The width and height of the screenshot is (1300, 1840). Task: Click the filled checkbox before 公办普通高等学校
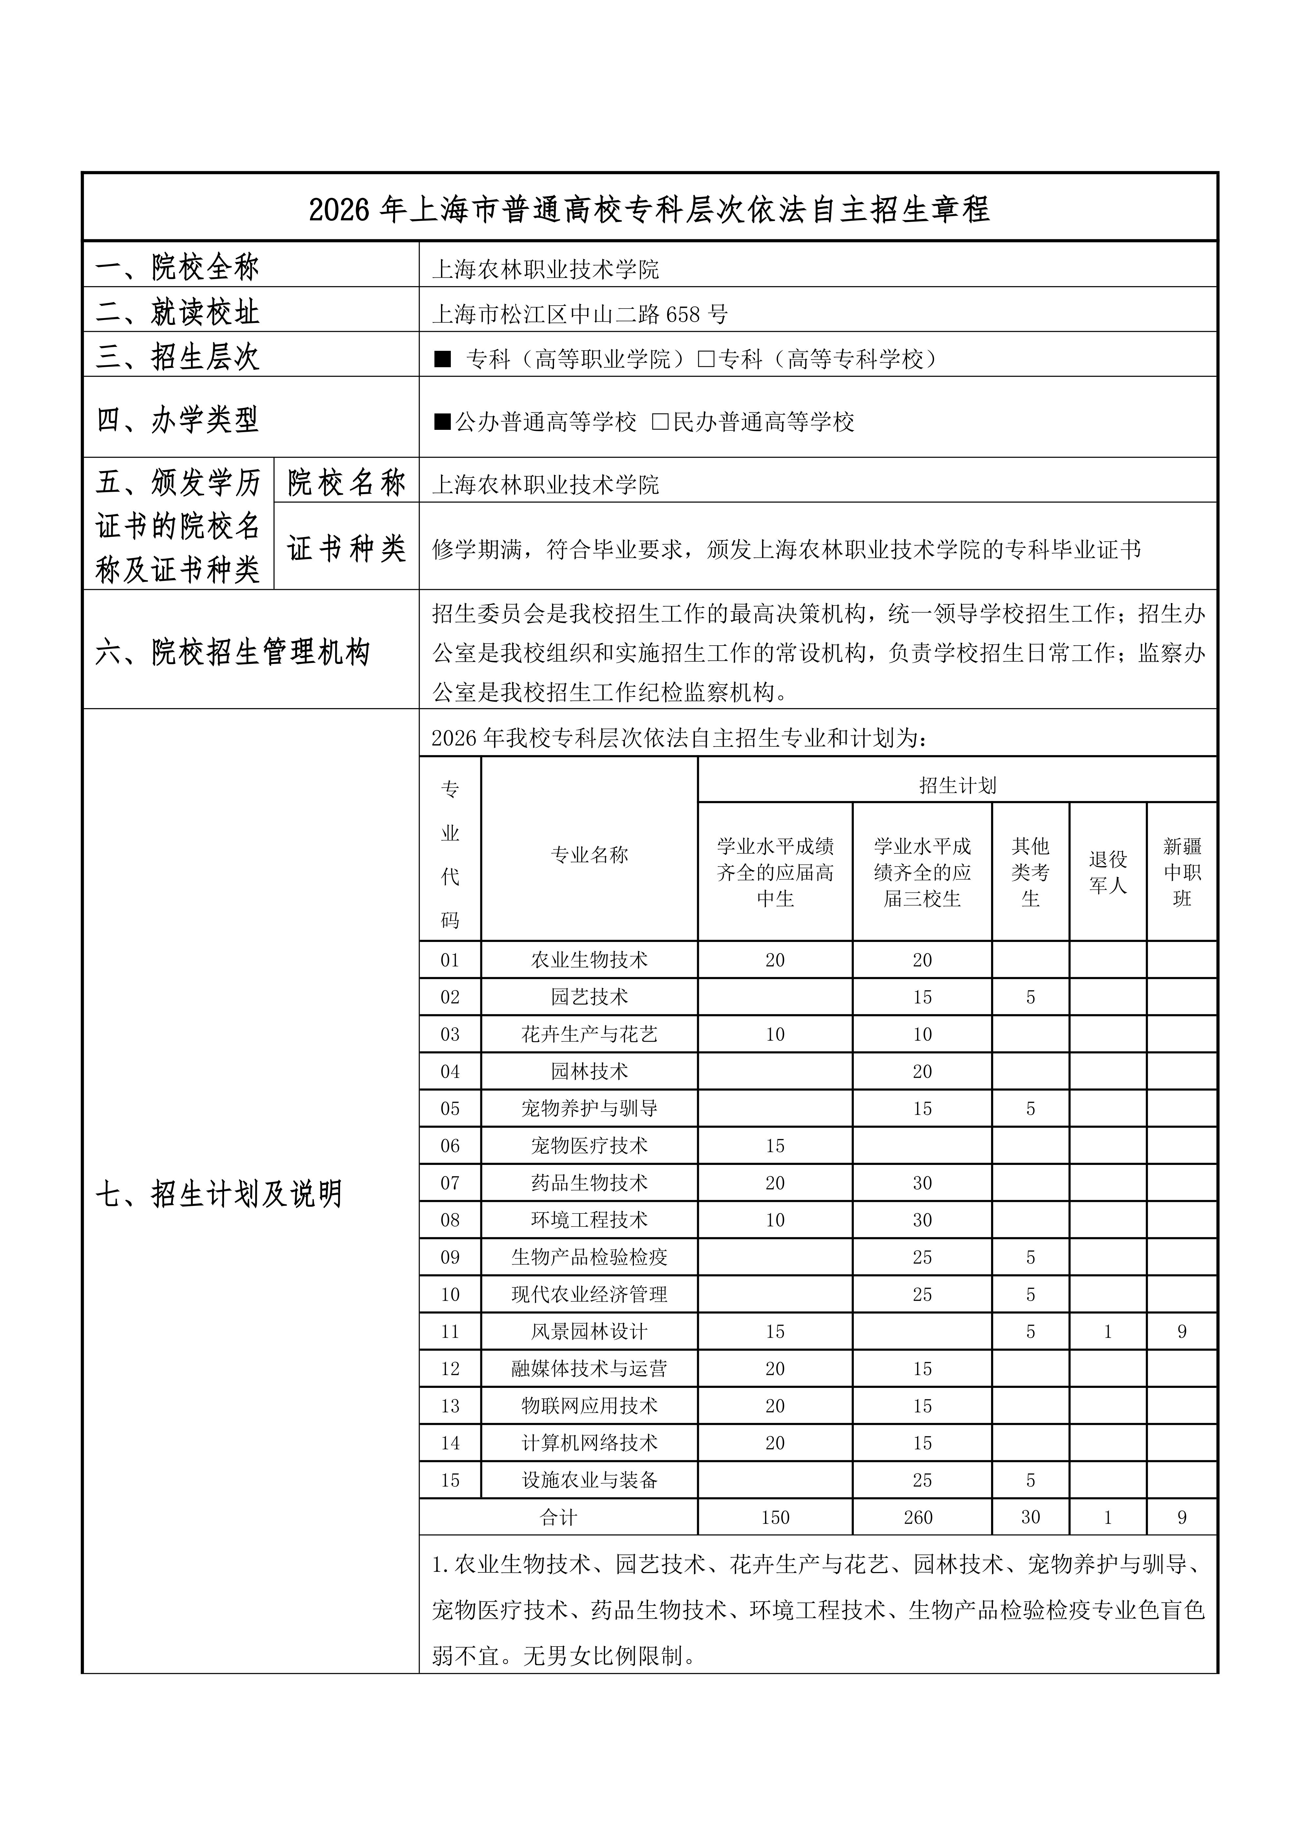(x=442, y=422)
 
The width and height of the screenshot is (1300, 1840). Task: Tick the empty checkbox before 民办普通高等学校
(x=660, y=422)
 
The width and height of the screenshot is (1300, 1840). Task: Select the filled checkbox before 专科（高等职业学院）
(x=442, y=359)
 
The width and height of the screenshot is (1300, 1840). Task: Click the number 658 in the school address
(x=683, y=314)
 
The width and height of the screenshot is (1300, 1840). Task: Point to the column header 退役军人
(x=1108, y=872)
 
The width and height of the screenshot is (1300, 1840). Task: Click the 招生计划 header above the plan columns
(x=957, y=785)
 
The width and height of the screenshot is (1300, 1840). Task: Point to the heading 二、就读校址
(x=178, y=312)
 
